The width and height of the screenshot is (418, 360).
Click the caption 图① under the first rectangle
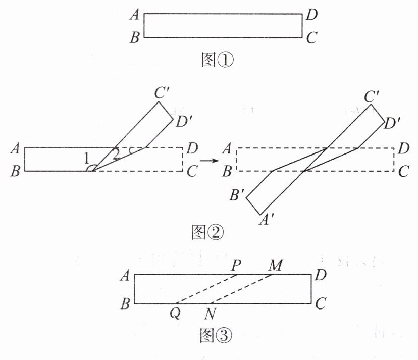point(217,60)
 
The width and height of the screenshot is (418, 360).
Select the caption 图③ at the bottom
point(216,335)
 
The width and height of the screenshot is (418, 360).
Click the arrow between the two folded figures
point(209,161)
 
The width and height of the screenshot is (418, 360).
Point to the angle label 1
point(86,159)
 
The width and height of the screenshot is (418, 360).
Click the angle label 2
point(116,154)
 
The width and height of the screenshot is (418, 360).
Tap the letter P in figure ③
point(236,266)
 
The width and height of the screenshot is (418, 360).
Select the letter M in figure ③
point(275,266)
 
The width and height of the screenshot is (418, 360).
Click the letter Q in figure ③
point(175,314)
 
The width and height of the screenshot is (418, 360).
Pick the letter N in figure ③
point(210,314)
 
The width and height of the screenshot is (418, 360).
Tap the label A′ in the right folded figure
point(265,220)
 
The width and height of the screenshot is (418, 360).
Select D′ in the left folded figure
point(184,122)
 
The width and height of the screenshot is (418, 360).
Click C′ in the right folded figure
point(372,96)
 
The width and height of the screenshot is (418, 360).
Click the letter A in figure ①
point(135,15)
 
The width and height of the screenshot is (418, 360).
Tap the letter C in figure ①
point(311,37)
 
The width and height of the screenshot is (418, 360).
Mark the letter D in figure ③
point(321,275)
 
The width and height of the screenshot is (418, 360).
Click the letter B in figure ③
point(125,303)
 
